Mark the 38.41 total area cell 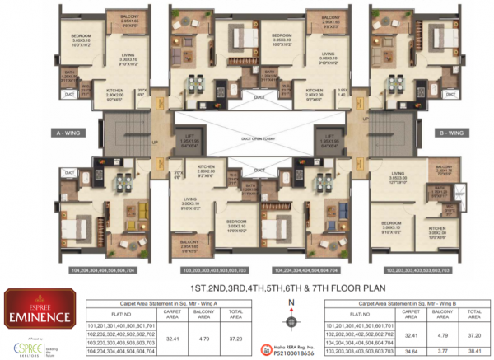point(475,350)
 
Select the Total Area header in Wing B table point(475,314)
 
